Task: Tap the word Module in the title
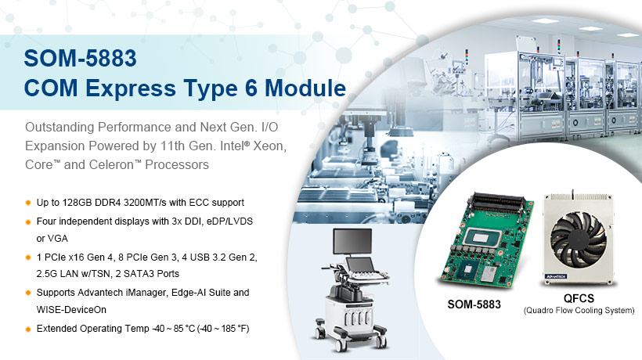pos(305,87)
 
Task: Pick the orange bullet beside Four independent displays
pos(28,221)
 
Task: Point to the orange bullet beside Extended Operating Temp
pos(28,328)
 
